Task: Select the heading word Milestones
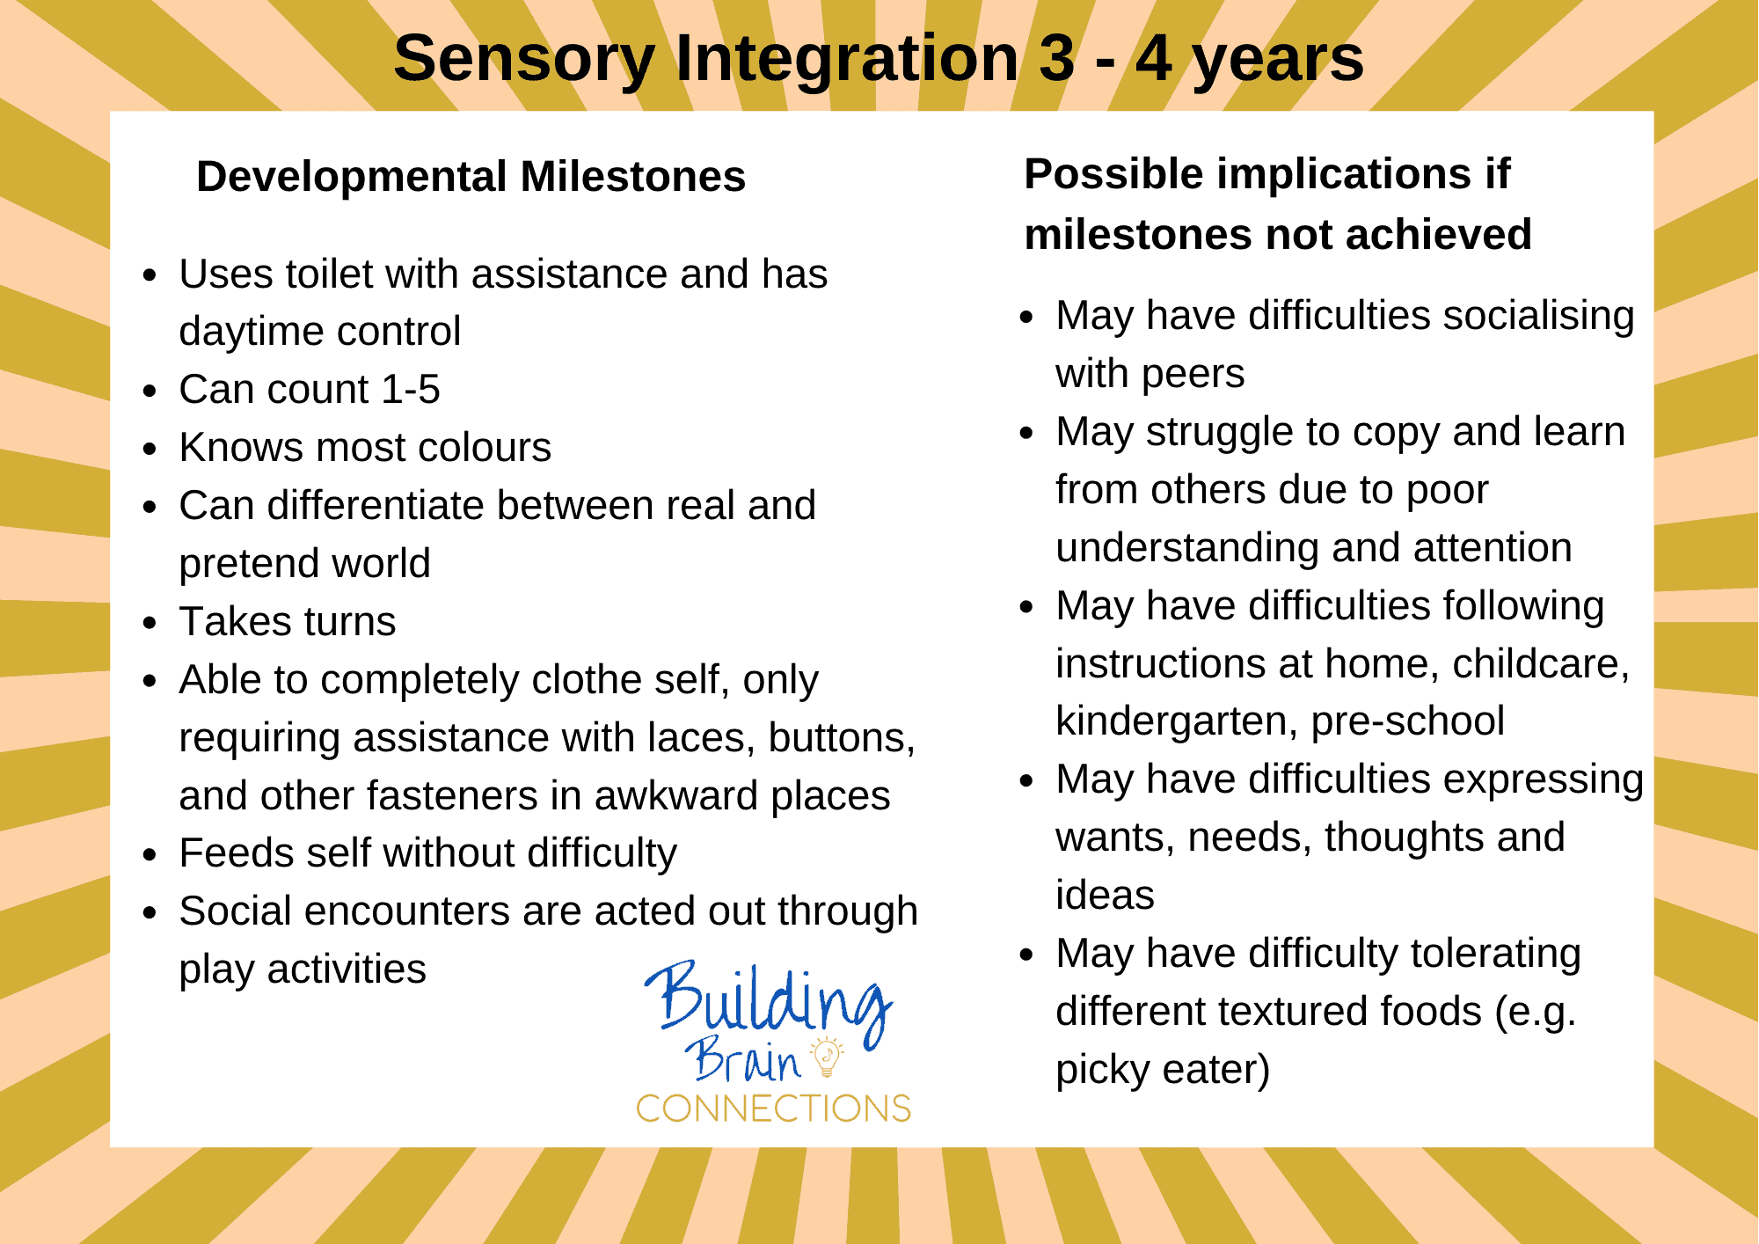click(632, 177)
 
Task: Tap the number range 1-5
click(410, 390)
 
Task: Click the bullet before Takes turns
click(150, 623)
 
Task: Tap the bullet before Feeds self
click(150, 854)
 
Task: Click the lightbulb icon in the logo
click(827, 1056)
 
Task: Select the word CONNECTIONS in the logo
click(773, 1109)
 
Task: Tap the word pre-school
click(1407, 721)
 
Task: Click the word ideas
click(1105, 896)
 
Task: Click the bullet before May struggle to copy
click(1026, 433)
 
